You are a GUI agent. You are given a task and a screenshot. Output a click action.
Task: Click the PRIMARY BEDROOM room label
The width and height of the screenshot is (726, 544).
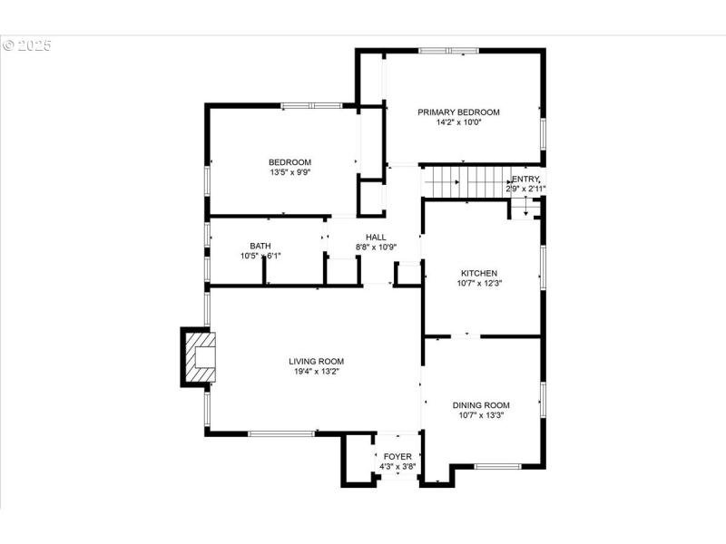point(458,112)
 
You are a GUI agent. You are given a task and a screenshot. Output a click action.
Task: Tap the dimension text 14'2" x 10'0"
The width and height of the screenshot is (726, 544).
point(458,122)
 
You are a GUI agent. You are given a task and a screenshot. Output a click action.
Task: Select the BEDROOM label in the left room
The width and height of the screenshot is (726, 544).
point(289,162)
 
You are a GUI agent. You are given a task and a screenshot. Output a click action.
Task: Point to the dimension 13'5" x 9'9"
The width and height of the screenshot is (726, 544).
point(289,172)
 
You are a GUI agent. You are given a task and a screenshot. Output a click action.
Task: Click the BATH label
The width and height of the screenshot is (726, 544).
point(260,246)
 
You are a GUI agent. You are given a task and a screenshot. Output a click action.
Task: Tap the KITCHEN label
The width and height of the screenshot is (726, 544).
point(478,273)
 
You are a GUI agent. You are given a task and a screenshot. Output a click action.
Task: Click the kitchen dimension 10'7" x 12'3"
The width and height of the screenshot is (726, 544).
point(478,283)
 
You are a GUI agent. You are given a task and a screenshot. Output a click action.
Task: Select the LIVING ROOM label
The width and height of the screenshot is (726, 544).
point(317,361)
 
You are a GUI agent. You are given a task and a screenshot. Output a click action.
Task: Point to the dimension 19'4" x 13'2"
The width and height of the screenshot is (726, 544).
point(317,371)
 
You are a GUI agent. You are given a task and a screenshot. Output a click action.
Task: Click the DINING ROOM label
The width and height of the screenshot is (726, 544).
point(481,405)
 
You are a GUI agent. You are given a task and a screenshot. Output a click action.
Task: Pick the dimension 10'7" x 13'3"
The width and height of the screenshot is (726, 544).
point(481,415)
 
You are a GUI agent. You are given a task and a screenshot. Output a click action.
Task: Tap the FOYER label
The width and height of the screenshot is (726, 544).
point(397,457)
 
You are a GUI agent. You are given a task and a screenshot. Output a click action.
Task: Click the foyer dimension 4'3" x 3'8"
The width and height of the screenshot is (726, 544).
point(397,467)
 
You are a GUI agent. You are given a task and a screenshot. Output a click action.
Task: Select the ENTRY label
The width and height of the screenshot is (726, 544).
point(526,180)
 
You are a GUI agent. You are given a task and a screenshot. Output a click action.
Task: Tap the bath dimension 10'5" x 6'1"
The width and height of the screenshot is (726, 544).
point(260,256)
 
